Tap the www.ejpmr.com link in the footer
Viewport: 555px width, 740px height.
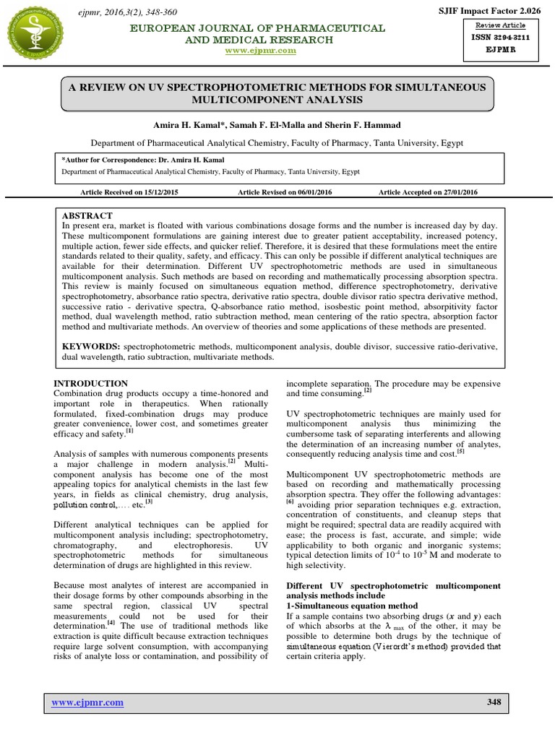85,702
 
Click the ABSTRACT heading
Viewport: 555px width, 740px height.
87,216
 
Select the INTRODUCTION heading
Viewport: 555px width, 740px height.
92,384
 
